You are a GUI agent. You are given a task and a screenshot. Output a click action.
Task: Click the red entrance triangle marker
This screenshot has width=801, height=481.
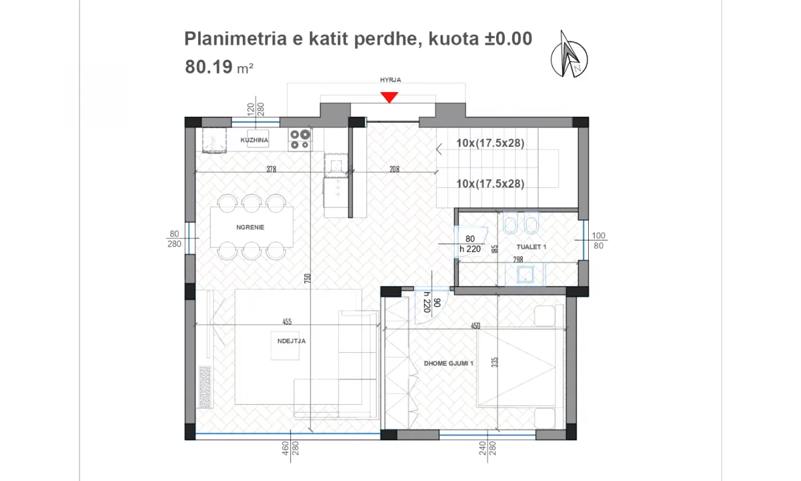click(389, 98)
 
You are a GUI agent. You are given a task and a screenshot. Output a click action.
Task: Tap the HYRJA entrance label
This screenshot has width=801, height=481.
click(390, 80)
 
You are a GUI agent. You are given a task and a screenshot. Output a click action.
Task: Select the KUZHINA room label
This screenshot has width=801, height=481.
click(254, 140)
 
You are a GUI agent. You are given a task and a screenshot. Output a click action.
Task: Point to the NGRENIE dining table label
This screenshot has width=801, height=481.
click(250, 227)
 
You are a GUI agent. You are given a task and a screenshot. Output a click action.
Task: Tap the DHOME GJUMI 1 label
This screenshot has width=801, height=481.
click(449, 363)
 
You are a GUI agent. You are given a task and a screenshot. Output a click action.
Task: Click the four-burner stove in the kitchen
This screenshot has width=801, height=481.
click(300, 138)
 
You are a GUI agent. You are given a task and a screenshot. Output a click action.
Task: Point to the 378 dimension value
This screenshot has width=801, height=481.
click(271, 170)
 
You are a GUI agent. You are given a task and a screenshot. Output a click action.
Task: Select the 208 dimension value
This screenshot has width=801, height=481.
click(394, 170)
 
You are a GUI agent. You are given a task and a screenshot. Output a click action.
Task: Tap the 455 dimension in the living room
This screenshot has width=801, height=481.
click(287, 322)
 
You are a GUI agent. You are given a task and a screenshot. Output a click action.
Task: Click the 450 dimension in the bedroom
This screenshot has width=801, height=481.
click(475, 326)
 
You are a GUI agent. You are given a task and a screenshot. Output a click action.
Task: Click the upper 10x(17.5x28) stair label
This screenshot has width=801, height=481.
click(490, 142)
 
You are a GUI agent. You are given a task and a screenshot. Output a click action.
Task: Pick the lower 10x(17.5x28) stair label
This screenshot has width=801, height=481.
click(490, 184)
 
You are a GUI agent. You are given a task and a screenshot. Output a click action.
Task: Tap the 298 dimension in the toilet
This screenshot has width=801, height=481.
click(518, 259)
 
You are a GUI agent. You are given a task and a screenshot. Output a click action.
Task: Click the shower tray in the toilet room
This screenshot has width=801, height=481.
click(525, 273)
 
